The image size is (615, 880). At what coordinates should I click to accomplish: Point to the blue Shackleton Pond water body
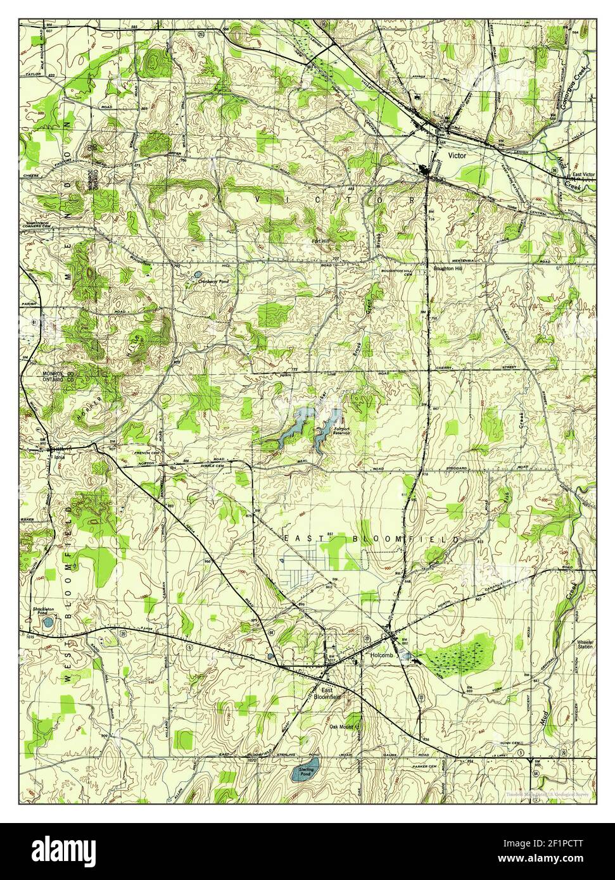tap(48, 623)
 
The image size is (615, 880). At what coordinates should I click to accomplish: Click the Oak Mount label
tap(341, 727)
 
